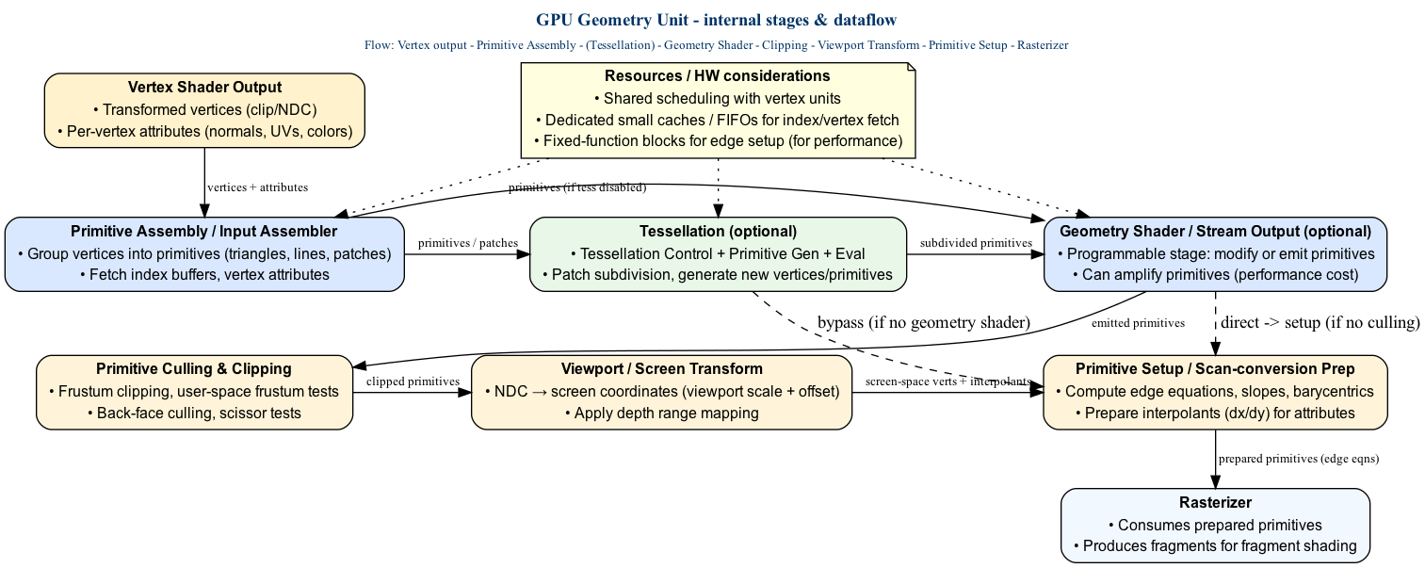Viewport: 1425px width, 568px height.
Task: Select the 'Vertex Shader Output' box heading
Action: point(204,88)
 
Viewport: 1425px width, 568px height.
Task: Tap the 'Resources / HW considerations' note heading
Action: point(718,75)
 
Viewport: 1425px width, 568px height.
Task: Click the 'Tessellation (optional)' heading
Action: point(718,231)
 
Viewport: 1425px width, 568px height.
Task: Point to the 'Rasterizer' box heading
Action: point(1215,503)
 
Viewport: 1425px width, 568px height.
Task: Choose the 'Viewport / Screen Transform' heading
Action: point(660,368)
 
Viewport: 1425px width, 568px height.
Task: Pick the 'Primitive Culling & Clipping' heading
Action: point(193,368)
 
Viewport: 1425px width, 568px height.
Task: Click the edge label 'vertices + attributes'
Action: point(257,187)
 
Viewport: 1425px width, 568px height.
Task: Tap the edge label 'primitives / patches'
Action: point(467,243)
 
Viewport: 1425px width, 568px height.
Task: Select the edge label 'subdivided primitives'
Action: point(976,243)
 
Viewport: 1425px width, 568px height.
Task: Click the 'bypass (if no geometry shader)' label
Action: point(923,323)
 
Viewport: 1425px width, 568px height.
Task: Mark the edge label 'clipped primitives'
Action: point(413,381)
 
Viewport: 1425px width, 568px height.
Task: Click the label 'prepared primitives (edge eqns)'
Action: point(1298,460)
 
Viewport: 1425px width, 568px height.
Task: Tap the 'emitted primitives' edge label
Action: point(1138,323)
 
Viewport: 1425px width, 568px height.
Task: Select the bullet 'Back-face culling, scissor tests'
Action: point(193,413)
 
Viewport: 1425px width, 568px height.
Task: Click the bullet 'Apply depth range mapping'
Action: point(660,413)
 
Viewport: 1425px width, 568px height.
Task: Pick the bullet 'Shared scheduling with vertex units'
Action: point(718,98)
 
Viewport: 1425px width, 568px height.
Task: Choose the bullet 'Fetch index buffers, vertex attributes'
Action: point(204,275)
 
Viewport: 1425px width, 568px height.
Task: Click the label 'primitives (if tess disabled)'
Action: point(576,187)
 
